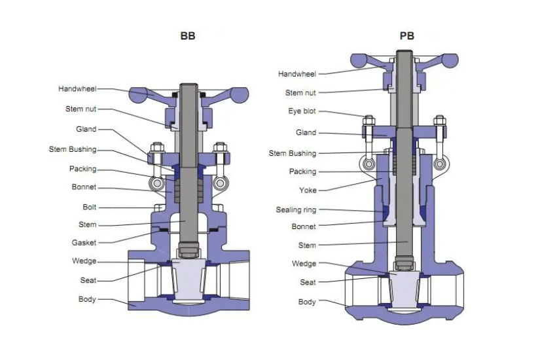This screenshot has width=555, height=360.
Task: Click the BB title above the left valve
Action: point(188,36)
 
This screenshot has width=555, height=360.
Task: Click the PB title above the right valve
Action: point(407,36)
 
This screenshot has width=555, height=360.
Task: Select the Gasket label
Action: point(84,243)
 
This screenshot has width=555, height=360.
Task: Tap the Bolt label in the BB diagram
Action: point(89,207)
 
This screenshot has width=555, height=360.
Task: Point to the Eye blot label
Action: point(302,111)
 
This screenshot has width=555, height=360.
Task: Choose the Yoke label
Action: point(308,190)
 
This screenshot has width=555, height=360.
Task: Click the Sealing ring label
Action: point(296,210)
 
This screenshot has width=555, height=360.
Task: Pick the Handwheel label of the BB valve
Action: point(77,89)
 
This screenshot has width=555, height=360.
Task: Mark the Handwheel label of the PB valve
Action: point(297,74)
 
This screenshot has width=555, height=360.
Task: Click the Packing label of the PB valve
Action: point(302,172)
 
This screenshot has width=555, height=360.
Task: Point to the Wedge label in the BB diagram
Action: point(84,261)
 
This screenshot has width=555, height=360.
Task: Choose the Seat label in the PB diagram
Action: point(308,283)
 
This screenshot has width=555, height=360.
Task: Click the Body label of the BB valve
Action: point(87,299)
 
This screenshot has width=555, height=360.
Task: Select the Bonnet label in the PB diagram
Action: point(304,226)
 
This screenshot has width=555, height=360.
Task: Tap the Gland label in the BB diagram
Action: point(86,130)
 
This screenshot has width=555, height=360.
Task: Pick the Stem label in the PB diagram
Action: point(307,245)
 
